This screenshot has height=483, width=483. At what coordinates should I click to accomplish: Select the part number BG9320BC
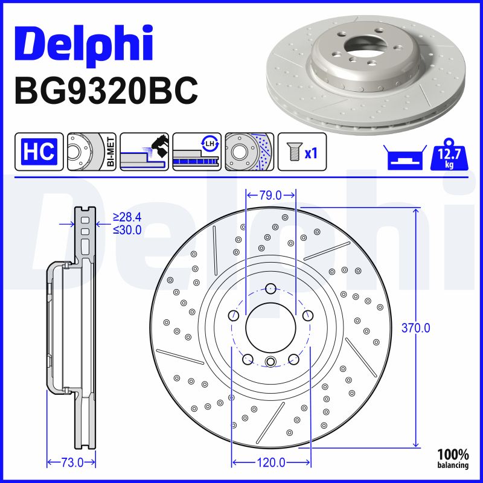click(106, 91)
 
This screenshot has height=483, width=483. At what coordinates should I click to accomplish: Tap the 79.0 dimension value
click(270, 195)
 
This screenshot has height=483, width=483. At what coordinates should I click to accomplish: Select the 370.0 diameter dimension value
click(416, 328)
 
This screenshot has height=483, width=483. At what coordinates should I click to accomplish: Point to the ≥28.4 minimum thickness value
click(127, 217)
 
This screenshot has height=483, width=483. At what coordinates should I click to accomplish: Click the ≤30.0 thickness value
click(127, 229)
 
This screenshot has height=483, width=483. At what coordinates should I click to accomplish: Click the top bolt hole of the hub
click(270, 288)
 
